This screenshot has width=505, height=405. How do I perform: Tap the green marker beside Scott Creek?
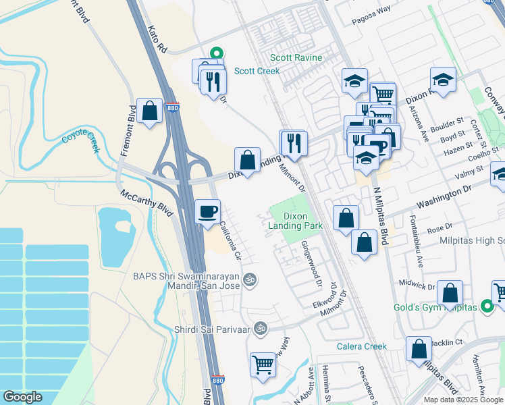(x=217, y=52)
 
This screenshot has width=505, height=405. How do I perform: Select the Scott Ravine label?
(x=294, y=58)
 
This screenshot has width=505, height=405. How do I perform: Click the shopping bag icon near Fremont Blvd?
(x=149, y=110)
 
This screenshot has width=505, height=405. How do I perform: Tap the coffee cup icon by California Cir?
(x=207, y=211)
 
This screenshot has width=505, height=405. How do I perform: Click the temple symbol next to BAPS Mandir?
(x=250, y=279)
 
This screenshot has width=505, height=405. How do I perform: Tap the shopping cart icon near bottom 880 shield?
(x=263, y=365)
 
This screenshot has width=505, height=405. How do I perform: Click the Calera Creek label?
(x=362, y=346)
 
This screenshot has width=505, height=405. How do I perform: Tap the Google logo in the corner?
(x=22, y=397)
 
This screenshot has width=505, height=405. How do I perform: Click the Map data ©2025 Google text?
(x=462, y=399)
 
